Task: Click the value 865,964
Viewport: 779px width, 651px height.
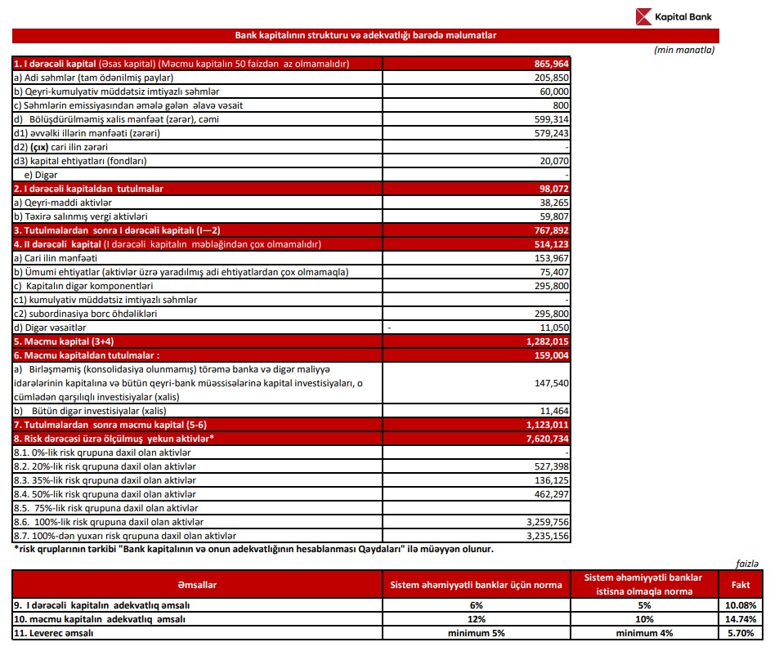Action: click(x=548, y=64)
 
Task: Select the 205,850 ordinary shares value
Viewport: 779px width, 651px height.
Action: click(x=548, y=78)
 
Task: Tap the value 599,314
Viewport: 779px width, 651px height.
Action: click(x=548, y=119)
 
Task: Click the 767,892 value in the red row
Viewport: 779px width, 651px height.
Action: click(x=548, y=230)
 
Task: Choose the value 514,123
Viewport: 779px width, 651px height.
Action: click(x=548, y=244)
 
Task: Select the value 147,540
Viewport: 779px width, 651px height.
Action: click(x=548, y=383)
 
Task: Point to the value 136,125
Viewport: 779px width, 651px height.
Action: click(x=548, y=480)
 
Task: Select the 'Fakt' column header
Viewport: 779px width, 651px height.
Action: click(x=739, y=585)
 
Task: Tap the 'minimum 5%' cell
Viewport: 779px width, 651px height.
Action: click(x=477, y=633)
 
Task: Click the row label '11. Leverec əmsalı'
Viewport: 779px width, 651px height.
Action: click(x=53, y=633)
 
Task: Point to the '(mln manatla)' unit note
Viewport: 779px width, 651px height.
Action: click(x=684, y=50)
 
